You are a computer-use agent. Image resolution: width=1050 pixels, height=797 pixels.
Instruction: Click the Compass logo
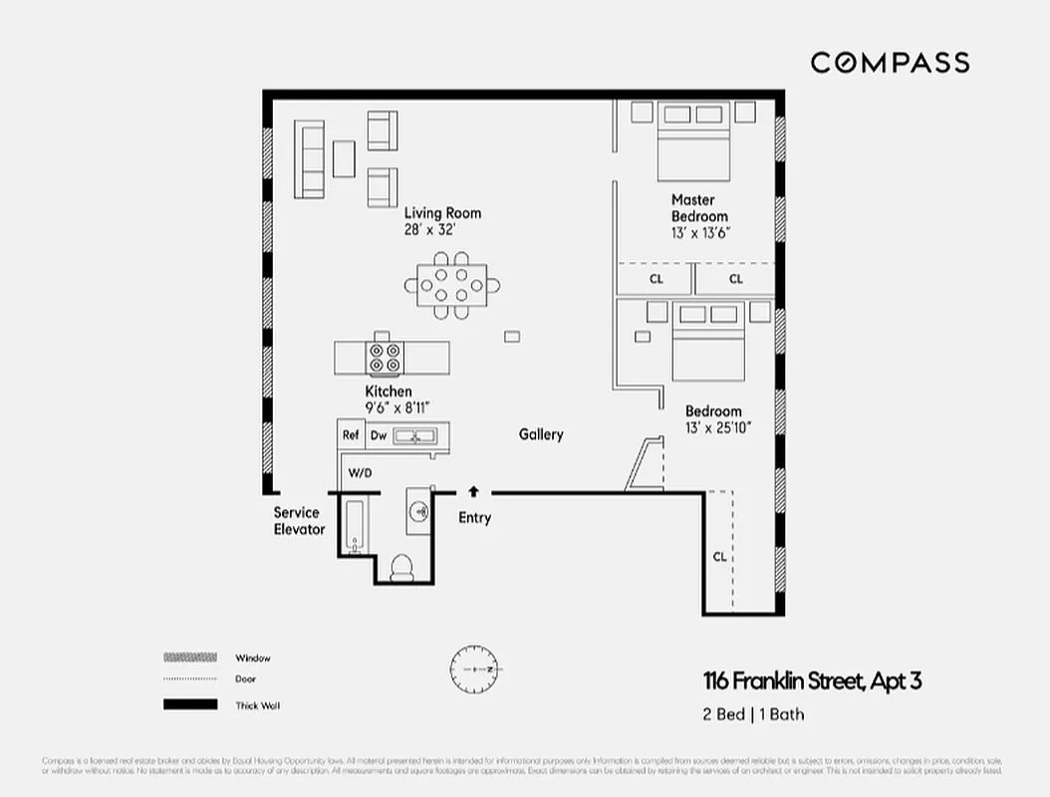pos(889,63)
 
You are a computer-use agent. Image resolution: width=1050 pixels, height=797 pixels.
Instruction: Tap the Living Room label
pos(442,213)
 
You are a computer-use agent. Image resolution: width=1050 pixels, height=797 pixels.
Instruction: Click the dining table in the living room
pos(451,286)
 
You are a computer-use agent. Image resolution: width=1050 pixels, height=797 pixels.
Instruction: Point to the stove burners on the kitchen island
pos(386,357)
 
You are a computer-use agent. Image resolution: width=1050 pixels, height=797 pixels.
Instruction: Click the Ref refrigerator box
pos(351,435)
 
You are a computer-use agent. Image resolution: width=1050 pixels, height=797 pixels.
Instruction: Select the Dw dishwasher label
pos(379,435)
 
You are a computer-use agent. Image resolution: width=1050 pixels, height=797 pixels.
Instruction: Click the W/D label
pos(359,472)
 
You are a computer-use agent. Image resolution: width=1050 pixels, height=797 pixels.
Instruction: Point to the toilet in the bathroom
pos(401,566)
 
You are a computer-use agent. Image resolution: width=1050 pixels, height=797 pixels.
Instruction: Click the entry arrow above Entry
pos(473,490)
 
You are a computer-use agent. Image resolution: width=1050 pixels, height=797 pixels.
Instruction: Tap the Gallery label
pos(541,434)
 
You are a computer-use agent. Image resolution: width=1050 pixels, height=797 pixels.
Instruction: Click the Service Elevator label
pos(299,521)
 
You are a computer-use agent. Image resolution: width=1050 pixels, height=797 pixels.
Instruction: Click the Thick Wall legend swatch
pos(190,704)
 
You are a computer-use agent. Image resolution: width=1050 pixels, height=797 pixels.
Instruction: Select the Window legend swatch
pos(190,658)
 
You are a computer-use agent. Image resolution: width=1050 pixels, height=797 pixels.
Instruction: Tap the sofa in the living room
pos(311,159)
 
